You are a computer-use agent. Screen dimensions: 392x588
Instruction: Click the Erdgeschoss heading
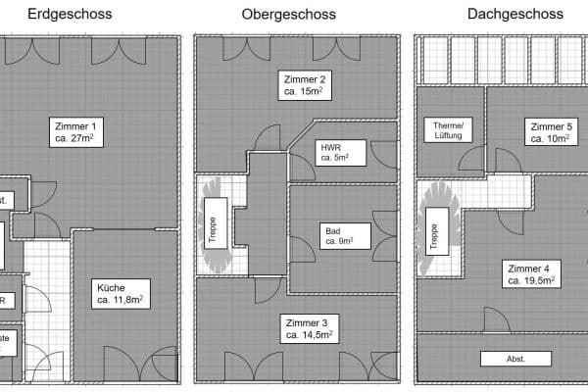(x=70, y=15)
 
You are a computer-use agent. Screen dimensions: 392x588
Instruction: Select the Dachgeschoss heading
(x=501, y=15)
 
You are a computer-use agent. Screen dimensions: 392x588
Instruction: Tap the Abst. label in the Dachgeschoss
(x=515, y=359)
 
